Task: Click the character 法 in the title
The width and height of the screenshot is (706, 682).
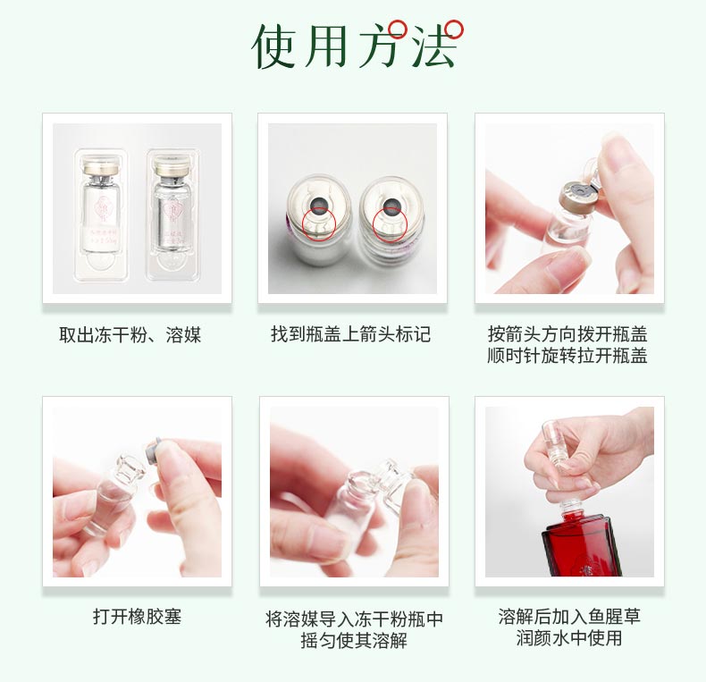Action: click(433, 46)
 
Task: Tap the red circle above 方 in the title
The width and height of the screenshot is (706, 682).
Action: click(398, 29)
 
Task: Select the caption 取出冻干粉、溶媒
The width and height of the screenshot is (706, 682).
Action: click(130, 335)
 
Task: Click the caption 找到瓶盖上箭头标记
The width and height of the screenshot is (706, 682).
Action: click(351, 334)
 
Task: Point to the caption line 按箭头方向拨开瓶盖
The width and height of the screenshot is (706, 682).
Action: click(567, 334)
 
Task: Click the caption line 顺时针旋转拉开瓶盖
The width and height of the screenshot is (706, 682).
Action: click(567, 356)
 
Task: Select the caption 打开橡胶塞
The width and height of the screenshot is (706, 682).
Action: click(137, 617)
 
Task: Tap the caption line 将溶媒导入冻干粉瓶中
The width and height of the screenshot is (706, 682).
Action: click(355, 619)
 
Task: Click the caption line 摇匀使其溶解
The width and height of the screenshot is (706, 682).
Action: click(355, 640)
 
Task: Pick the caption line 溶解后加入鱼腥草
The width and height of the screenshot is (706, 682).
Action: click(569, 617)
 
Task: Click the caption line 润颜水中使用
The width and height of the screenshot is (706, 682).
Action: click(569, 638)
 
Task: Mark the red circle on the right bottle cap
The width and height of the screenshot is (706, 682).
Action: click(389, 223)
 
